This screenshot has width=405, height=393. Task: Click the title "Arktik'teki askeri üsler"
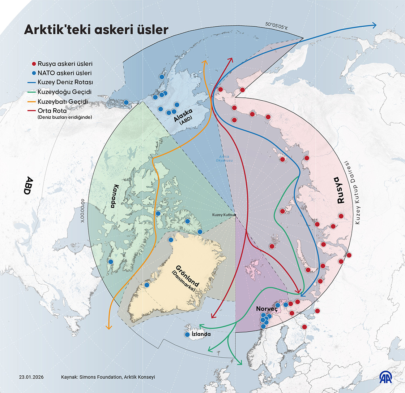point(96,30)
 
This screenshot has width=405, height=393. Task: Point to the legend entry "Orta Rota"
point(52,111)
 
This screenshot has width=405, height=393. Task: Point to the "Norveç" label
point(267,309)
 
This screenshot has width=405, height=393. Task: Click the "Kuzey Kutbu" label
point(223,215)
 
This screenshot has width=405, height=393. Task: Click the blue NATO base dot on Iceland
point(187,335)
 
